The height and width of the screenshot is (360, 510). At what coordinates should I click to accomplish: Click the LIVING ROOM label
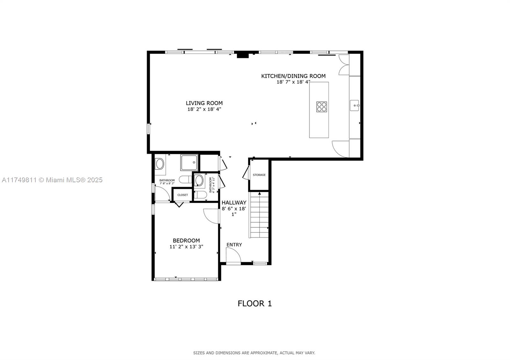pos(204,103)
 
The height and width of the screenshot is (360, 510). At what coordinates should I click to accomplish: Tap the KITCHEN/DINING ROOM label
pos(293,76)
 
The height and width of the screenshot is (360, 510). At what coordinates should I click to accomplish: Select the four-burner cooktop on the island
pos(322,107)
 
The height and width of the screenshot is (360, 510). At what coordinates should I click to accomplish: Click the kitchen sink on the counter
pos(354,105)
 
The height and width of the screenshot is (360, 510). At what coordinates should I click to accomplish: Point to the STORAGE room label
pos(259,175)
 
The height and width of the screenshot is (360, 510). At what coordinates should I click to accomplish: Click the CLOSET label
pos(183,195)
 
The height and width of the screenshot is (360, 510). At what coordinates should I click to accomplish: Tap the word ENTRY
pos(234,245)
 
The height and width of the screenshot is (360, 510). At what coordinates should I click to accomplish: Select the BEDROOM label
pos(186,241)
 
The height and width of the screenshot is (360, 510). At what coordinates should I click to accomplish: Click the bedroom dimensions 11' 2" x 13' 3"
pos(186,247)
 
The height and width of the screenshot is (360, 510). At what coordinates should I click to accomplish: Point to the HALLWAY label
pos(234,203)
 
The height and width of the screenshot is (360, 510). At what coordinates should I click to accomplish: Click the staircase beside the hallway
pos(259,215)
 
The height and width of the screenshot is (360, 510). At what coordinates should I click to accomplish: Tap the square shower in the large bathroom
pos(189,162)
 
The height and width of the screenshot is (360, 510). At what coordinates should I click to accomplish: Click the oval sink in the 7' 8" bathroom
pos(160,164)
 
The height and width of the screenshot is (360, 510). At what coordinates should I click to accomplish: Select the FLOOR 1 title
pos(255,304)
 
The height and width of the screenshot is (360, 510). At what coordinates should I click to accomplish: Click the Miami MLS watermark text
pos(52,180)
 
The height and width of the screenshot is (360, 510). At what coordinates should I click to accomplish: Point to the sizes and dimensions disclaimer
pos(254,353)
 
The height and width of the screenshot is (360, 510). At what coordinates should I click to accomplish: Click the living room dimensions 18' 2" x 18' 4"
pos(204,109)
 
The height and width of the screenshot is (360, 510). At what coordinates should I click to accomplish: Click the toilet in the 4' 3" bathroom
pos(200,195)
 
